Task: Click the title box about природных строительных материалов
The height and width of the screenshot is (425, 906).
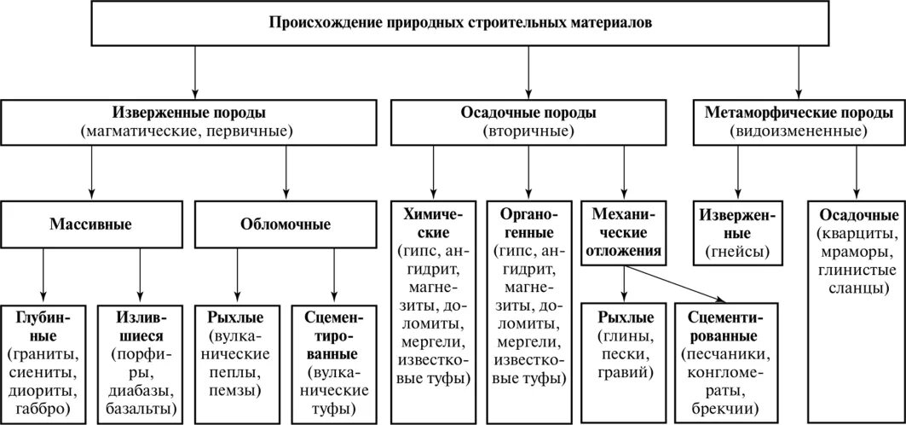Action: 460,24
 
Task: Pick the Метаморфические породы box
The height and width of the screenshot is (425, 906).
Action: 799,121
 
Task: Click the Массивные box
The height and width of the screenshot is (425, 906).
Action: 90,225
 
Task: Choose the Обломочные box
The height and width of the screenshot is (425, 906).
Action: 286,225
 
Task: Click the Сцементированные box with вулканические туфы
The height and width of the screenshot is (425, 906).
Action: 334,363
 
